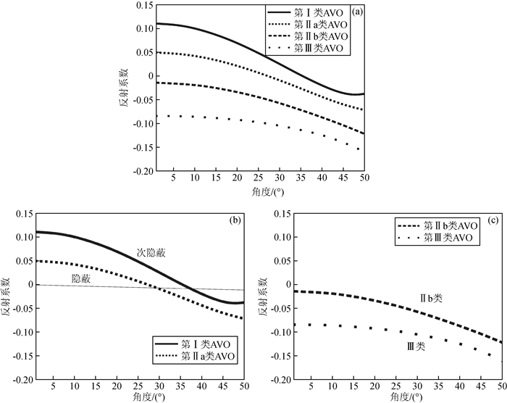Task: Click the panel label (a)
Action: [358, 12]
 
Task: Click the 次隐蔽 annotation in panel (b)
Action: [151, 254]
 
